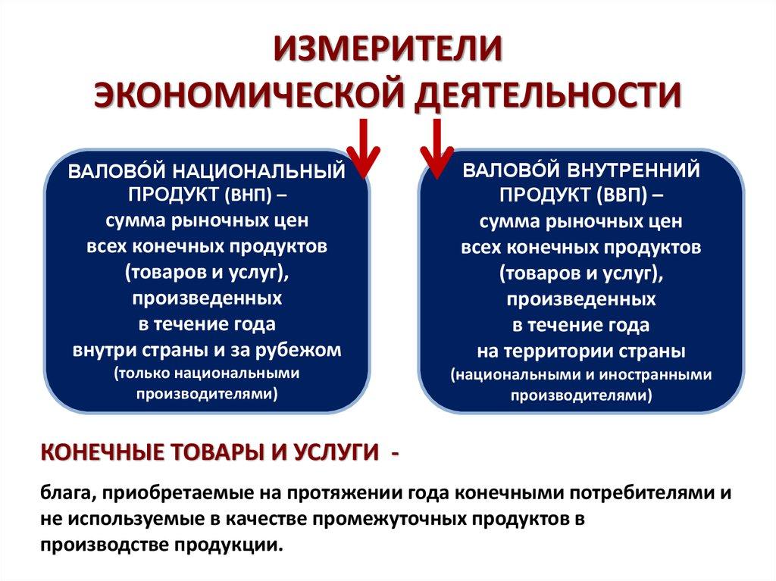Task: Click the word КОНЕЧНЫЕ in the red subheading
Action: pyautogui.click(x=100, y=453)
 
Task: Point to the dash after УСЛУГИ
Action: pyautogui.click(x=395, y=453)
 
